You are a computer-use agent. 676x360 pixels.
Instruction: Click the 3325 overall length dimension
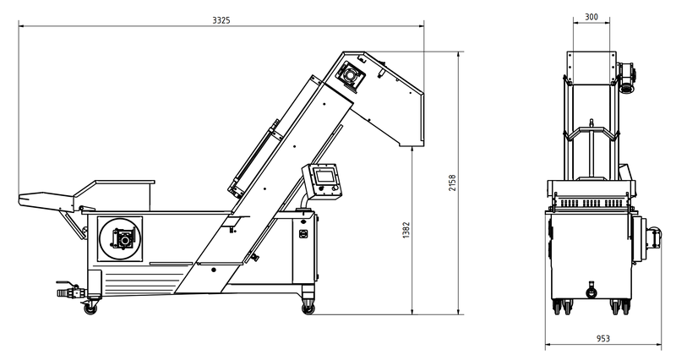221,20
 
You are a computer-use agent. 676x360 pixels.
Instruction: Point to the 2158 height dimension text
452,183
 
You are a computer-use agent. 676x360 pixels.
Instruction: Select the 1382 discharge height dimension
406,230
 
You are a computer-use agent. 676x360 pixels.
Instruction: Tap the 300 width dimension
591,17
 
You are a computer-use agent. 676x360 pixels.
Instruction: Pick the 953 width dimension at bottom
603,338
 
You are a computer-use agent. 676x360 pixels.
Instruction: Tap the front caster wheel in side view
308,308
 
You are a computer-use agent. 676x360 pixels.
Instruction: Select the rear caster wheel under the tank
90,308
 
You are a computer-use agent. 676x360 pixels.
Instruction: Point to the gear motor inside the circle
123,238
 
